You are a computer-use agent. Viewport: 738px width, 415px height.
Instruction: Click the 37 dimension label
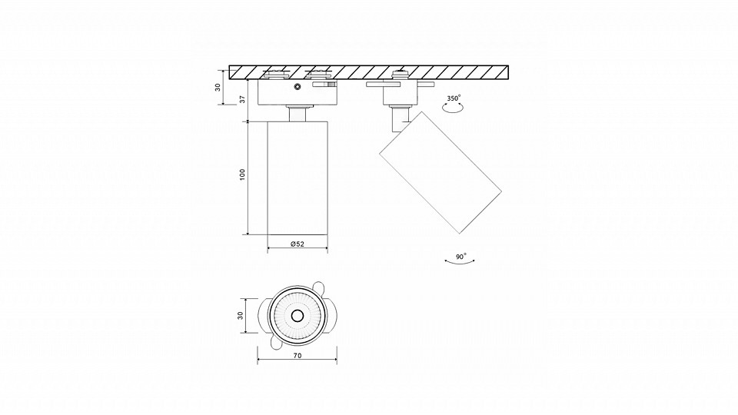[x=242, y=99]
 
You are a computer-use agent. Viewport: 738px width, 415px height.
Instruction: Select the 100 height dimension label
[x=242, y=174]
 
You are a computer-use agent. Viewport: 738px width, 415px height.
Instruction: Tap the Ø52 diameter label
[x=298, y=244]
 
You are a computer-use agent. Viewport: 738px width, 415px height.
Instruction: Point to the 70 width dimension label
[x=297, y=356]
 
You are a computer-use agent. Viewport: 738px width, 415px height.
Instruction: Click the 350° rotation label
[x=454, y=98]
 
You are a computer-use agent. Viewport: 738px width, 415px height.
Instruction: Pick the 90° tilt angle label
[x=460, y=257]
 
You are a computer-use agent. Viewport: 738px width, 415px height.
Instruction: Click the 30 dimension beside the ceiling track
[x=218, y=87]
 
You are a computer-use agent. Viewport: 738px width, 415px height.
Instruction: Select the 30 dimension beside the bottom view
[x=240, y=315]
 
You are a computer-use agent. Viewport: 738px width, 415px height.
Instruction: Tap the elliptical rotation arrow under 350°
[x=454, y=108]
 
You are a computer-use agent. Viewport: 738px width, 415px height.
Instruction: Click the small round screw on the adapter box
[x=297, y=86]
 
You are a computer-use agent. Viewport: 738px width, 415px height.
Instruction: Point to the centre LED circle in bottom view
[x=297, y=316]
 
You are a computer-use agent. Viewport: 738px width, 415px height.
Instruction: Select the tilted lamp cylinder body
[x=440, y=172]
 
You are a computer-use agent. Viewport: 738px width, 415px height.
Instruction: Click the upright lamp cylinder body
[x=298, y=178]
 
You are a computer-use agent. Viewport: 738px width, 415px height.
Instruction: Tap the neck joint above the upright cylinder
[x=298, y=114]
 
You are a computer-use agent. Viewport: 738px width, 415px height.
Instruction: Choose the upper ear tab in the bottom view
[x=319, y=287]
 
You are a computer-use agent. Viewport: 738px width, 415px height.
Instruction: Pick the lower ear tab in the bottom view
[x=276, y=345]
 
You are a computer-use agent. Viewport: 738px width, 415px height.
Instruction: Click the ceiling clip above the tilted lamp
[x=400, y=74]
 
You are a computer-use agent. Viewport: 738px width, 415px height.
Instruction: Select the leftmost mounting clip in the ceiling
[x=276, y=74]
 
